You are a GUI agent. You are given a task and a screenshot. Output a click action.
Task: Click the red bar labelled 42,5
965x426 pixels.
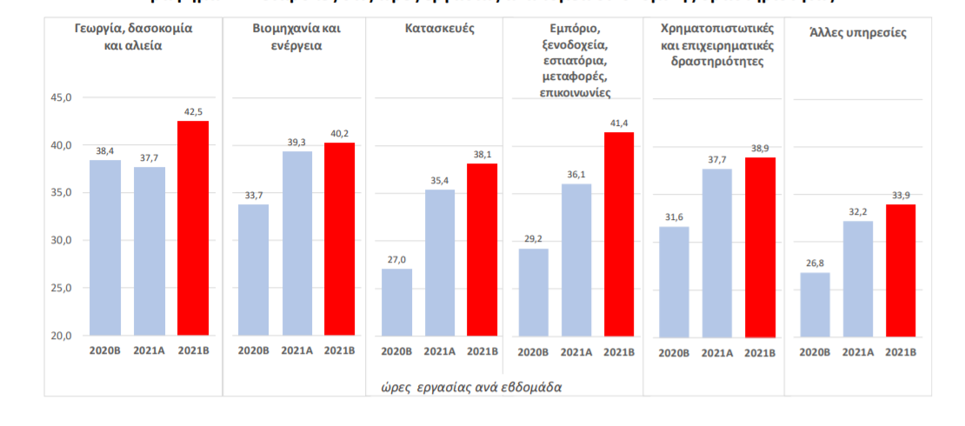click(193, 228)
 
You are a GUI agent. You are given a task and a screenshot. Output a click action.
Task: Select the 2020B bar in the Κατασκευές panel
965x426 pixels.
click(396, 302)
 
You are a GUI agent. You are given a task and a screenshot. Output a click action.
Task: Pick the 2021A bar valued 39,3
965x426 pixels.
click(296, 243)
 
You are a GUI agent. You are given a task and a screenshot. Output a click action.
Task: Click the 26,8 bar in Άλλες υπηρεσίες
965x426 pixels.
click(815, 303)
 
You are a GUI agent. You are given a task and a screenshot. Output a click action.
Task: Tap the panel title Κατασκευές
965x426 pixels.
click(439, 28)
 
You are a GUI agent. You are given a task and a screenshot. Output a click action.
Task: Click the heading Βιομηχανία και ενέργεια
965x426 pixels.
click(296, 37)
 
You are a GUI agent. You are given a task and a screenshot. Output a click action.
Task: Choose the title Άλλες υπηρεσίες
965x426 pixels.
click(857, 33)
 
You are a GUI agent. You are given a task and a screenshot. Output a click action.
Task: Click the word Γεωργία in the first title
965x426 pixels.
click(99, 28)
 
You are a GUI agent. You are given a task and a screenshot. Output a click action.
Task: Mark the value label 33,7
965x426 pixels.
click(253, 195)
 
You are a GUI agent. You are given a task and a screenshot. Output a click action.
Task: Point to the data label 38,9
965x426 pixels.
click(761, 148)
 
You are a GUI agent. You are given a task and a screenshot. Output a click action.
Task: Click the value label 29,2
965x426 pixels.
click(533, 239)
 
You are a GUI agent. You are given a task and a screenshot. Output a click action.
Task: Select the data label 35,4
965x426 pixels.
click(439, 180)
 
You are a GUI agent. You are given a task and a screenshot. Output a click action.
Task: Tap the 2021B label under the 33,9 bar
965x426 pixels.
click(900, 352)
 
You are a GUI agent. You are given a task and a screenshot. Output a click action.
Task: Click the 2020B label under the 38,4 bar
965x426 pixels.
click(105, 351)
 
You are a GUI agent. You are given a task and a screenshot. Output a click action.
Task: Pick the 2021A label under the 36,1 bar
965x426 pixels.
click(576, 352)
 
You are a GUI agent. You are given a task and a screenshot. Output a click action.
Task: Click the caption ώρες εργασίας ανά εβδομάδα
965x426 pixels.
click(470, 386)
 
